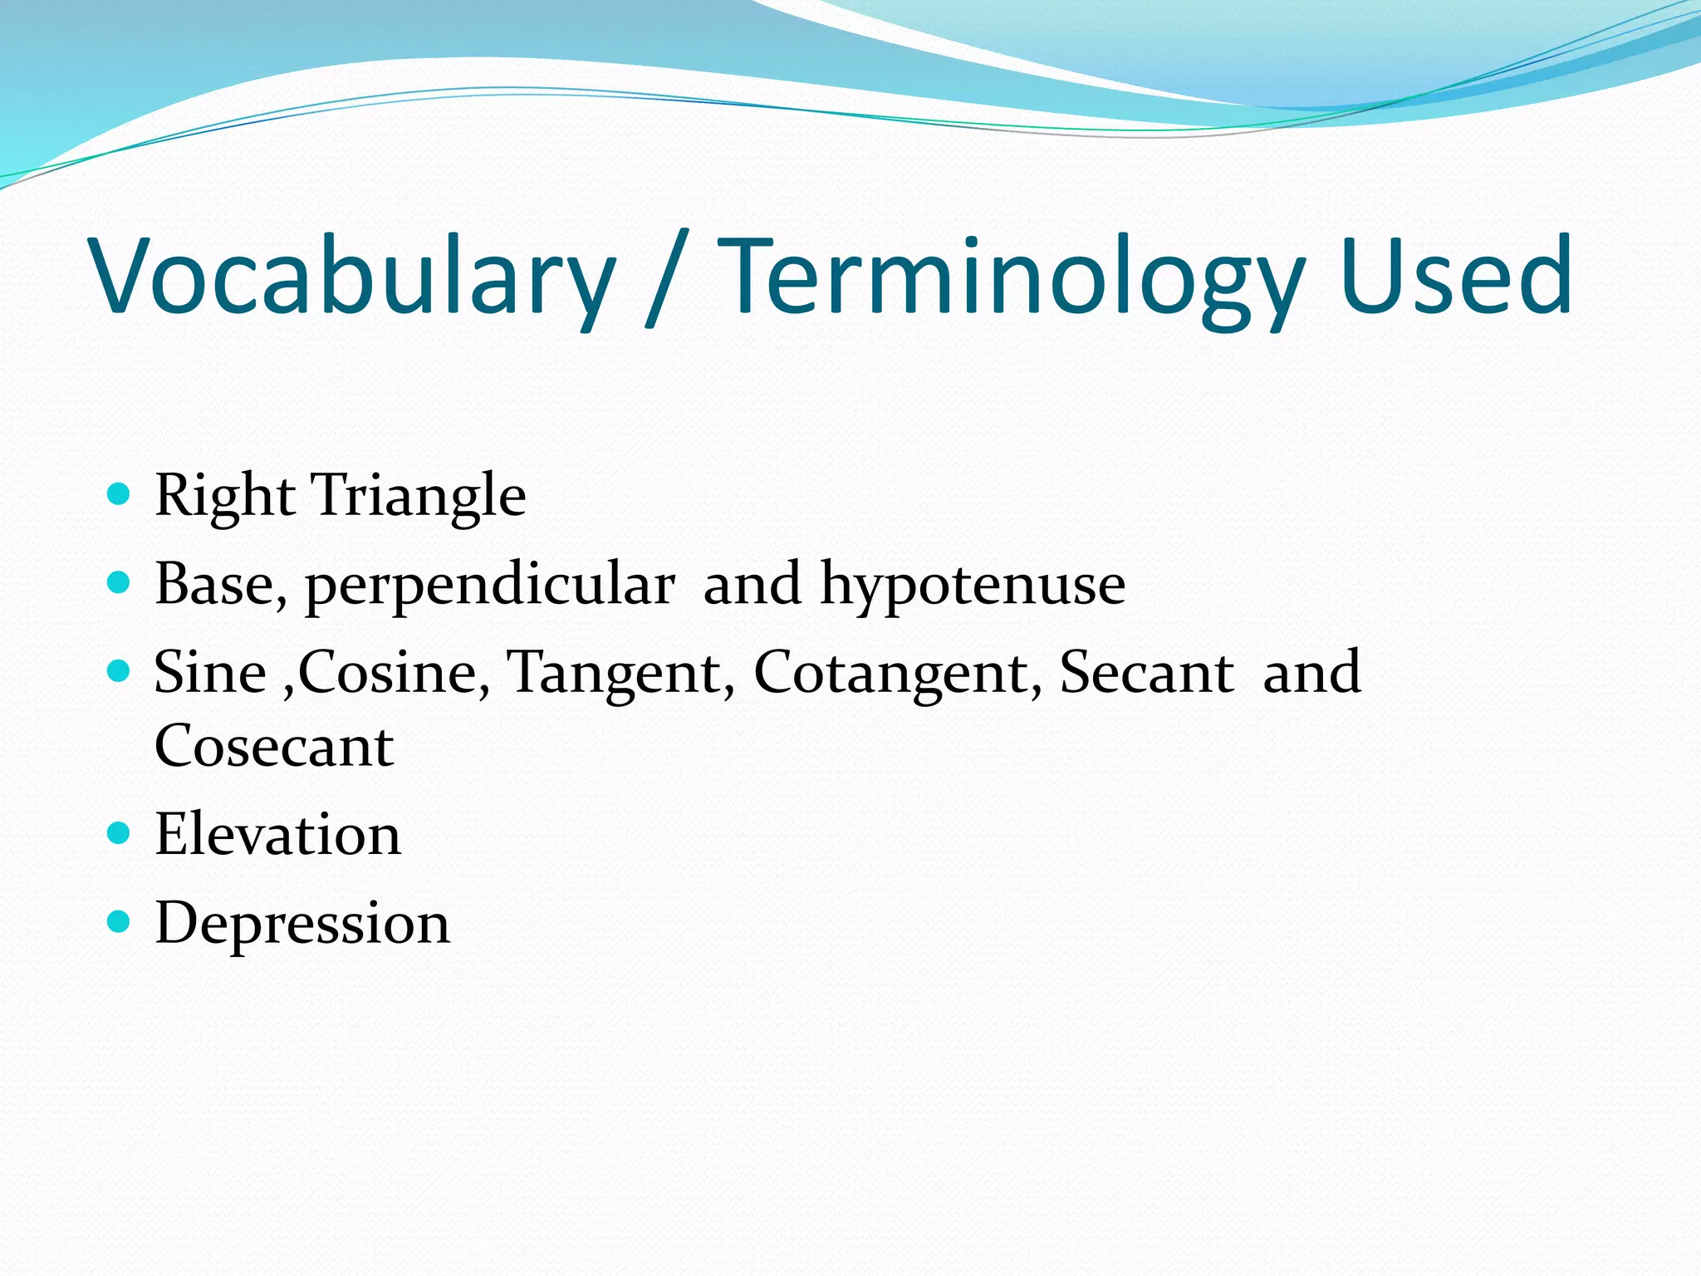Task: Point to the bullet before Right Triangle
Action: tap(120, 495)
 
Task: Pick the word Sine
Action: tap(209, 672)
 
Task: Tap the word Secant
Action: tap(1146, 672)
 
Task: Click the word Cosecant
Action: tap(274, 746)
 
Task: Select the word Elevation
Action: tap(277, 834)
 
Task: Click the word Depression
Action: tap(302, 924)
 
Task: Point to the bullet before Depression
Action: tap(120, 921)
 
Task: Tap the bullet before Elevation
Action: tap(120, 832)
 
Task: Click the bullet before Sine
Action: tap(120, 670)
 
